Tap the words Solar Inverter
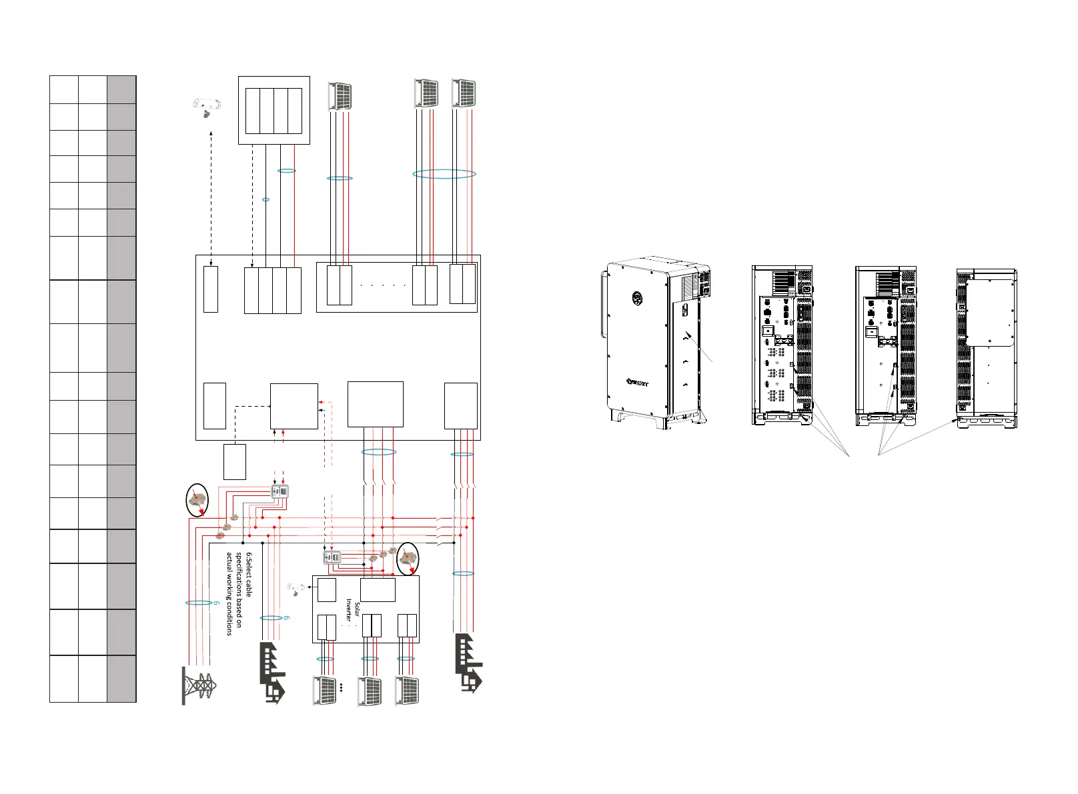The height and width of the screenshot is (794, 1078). tap(352, 610)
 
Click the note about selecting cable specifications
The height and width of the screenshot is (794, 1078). tap(238, 593)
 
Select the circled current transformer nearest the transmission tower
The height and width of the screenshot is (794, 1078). tap(197, 501)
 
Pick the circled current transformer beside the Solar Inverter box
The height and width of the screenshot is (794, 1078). tap(408, 559)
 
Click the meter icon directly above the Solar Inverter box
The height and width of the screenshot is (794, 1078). tap(332, 557)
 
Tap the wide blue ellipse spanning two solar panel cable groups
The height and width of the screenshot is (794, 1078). tap(444, 174)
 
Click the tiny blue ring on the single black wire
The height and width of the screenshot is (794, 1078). tap(266, 199)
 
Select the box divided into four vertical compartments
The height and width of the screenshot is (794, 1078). tap(274, 110)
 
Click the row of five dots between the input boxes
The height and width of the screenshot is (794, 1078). tap(382, 285)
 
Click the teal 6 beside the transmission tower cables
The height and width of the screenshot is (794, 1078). tap(216, 603)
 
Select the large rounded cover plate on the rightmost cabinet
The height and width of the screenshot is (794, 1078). tap(991, 312)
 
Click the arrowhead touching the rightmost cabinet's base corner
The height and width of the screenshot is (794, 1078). tap(959, 421)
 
